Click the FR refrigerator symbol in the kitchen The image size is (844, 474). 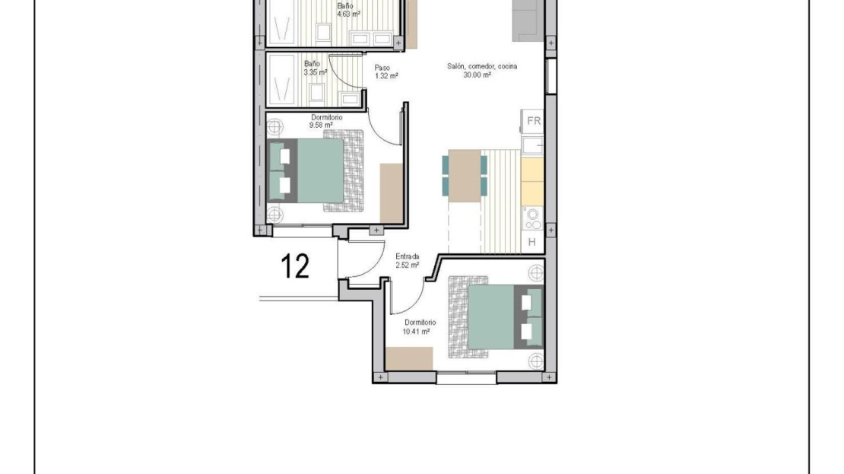(x=533, y=121)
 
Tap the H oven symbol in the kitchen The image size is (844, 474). (x=532, y=243)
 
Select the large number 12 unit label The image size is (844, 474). (x=295, y=266)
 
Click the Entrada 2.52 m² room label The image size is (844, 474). (x=407, y=261)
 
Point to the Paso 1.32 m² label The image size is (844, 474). (x=386, y=72)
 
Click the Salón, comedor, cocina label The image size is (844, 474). (x=482, y=66)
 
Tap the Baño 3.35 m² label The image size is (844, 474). (x=316, y=68)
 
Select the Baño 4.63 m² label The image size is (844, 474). (x=348, y=10)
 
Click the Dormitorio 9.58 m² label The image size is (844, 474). (x=326, y=121)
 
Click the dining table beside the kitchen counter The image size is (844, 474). (x=465, y=177)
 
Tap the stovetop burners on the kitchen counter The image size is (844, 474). (x=533, y=218)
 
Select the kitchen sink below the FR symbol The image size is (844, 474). (x=533, y=145)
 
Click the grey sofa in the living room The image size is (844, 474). (x=528, y=21)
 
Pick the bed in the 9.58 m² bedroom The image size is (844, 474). (x=316, y=170)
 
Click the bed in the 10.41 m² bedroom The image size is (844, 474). (x=496, y=317)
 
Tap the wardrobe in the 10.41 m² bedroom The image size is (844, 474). (x=409, y=358)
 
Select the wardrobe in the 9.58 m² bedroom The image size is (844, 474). (x=392, y=192)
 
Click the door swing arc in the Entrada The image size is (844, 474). (x=378, y=269)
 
